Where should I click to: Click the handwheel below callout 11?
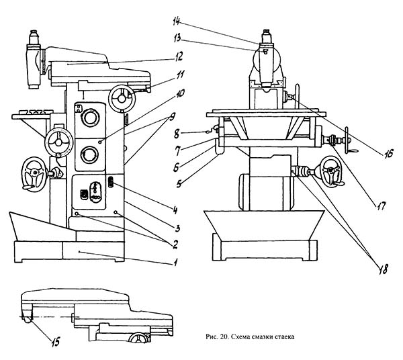(122, 99)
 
